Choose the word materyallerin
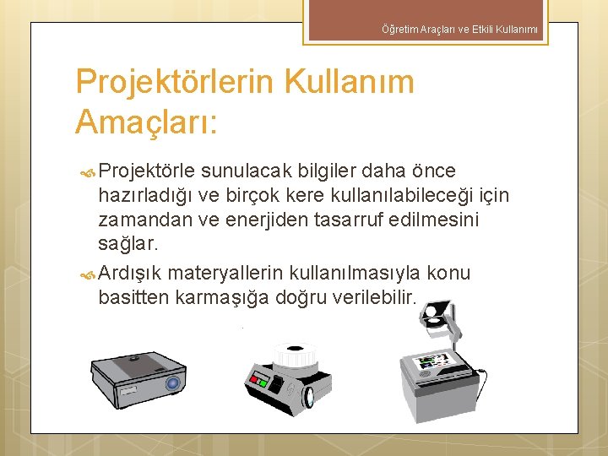point(226,274)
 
